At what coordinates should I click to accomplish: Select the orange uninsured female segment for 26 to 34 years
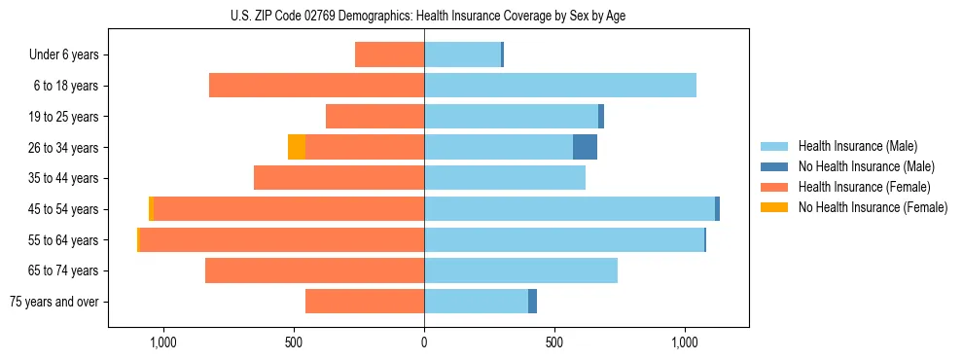(x=297, y=147)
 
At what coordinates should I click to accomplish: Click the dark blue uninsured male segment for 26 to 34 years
(x=585, y=147)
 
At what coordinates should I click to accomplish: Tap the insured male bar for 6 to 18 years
(x=559, y=86)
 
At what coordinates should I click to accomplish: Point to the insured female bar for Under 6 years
(x=389, y=54)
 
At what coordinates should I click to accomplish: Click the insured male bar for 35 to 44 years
(x=504, y=178)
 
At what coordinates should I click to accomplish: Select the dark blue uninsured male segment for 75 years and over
(x=532, y=302)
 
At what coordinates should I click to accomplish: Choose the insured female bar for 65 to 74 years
(x=314, y=270)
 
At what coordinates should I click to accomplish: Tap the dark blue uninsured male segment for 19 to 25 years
(x=601, y=117)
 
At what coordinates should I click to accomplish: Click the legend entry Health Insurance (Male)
(x=857, y=146)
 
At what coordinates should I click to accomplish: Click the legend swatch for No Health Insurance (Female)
(x=774, y=207)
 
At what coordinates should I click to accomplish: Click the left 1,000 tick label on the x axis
(x=161, y=342)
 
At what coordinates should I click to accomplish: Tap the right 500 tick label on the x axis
(x=554, y=342)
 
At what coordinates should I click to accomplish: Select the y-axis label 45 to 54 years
(x=63, y=209)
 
